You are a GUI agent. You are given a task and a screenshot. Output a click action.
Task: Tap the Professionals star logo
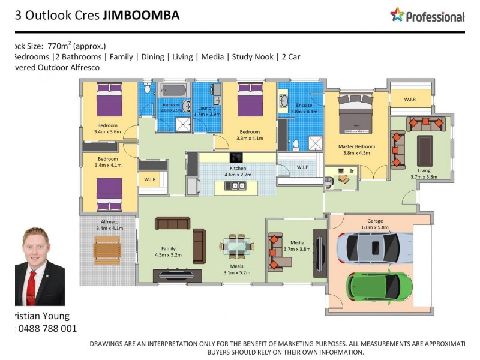[397, 15]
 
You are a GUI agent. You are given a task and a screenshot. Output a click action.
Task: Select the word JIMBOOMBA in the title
[141, 16]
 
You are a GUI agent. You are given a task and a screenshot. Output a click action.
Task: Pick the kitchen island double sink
[235, 185]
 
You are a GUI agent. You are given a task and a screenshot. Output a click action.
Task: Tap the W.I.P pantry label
[302, 167]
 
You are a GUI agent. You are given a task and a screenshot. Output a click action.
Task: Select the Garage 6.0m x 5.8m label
[376, 224]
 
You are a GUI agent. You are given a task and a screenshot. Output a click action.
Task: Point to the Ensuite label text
[304, 106]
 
